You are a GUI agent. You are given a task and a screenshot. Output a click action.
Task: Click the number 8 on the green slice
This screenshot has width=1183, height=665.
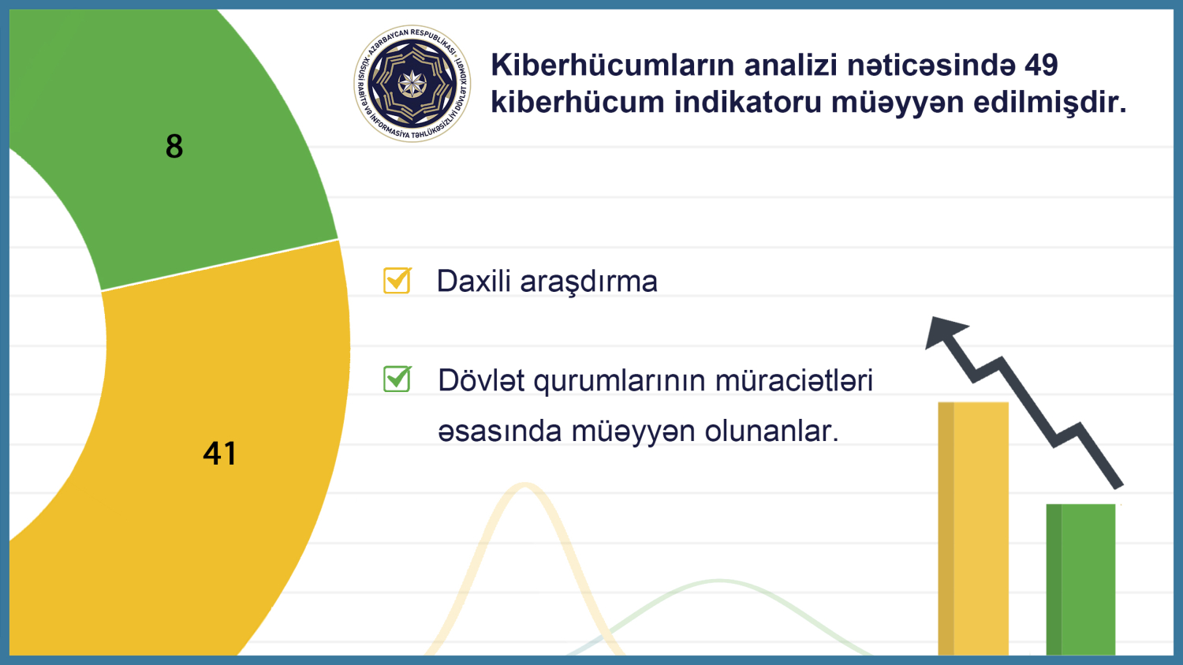click(x=174, y=147)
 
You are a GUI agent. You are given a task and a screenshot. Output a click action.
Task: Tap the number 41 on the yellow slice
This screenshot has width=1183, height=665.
click(x=219, y=454)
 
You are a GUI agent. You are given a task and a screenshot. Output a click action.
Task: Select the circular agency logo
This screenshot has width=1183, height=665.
click(x=412, y=84)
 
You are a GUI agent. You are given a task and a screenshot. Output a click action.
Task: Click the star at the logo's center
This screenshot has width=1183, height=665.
click(x=412, y=84)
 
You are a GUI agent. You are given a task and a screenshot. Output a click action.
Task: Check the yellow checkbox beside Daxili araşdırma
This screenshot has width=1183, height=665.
click(x=397, y=280)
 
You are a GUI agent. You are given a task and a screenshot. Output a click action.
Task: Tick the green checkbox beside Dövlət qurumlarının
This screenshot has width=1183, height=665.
click(x=397, y=379)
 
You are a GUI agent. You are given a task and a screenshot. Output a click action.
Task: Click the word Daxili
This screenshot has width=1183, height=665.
click(x=472, y=282)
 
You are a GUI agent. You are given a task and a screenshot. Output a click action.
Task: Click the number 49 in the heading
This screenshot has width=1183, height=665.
click(x=1040, y=65)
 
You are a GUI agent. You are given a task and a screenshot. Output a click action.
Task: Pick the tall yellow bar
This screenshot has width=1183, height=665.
click(x=973, y=529)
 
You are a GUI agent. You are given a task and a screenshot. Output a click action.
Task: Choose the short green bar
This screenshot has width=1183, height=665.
click(x=1081, y=579)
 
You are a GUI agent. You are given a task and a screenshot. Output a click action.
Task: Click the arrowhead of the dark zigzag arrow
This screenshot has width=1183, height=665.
click(x=944, y=331)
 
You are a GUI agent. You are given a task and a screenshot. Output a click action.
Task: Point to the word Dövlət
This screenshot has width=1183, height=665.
click(x=481, y=381)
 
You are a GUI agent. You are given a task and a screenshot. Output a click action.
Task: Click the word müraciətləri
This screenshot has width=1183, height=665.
click(x=793, y=381)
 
